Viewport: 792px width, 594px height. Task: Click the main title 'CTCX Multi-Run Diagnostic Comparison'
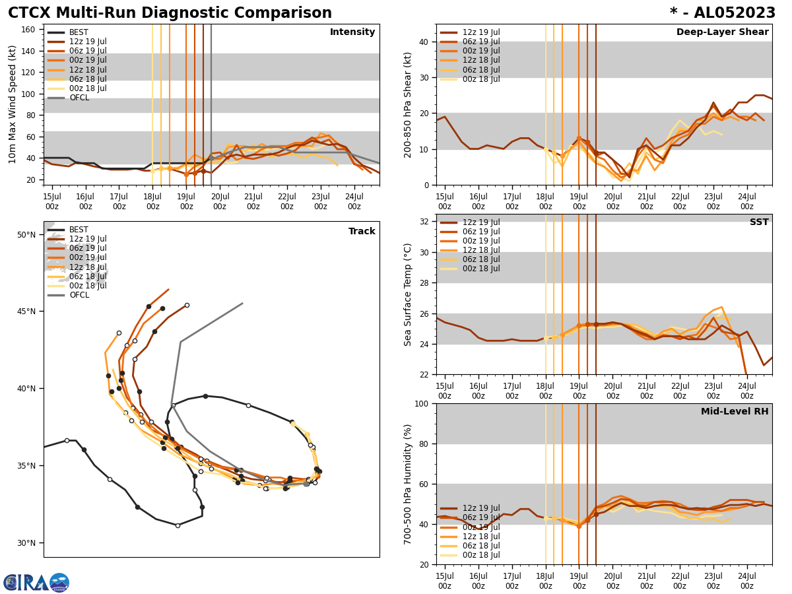click(170, 13)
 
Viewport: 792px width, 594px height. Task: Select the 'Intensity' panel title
click(352, 32)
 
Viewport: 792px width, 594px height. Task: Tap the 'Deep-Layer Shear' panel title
click(722, 32)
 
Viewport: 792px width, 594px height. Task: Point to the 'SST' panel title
click(758, 222)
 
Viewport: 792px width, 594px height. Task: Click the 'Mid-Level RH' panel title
click(735, 412)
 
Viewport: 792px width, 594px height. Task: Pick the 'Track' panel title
click(362, 232)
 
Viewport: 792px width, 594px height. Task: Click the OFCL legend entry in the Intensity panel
click(79, 98)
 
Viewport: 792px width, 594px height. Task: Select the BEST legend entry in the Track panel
click(78, 230)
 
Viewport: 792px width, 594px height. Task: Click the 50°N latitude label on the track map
click(26, 234)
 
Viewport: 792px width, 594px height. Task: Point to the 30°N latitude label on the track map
click(26, 543)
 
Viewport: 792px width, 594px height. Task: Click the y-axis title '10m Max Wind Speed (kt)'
click(13, 104)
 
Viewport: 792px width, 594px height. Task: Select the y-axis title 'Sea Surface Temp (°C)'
click(408, 294)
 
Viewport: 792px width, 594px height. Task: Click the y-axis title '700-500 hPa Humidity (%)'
click(408, 484)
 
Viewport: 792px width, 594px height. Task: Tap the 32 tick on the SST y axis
click(425, 222)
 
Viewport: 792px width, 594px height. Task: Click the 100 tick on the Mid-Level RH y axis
click(422, 403)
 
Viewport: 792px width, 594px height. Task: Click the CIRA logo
click(36, 582)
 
